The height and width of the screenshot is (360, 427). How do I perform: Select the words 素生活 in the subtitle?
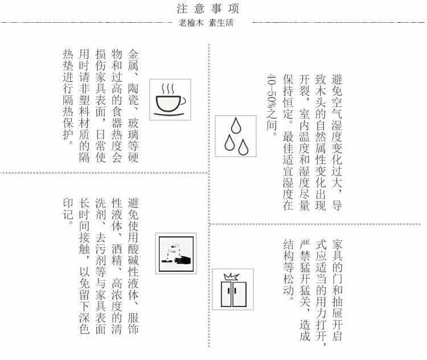221,23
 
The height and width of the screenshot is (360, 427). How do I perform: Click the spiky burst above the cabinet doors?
232,277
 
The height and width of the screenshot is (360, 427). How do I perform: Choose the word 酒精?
117,254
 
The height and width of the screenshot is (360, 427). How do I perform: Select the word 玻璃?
133,127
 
